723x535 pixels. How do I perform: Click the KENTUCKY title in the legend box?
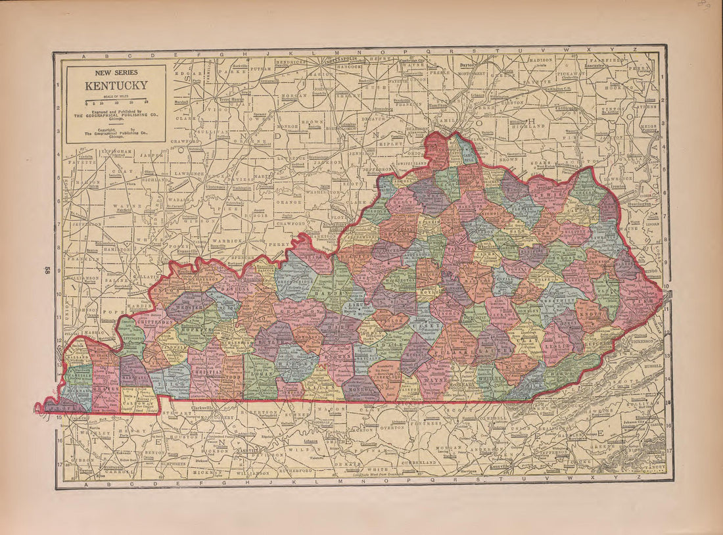pyautogui.click(x=116, y=85)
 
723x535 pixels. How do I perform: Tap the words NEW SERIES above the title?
pyautogui.click(x=116, y=74)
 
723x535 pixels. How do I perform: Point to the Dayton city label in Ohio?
pyautogui.click(x=467, y=66)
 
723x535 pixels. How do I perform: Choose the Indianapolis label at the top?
pyautogui.click(x=342, y=58)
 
